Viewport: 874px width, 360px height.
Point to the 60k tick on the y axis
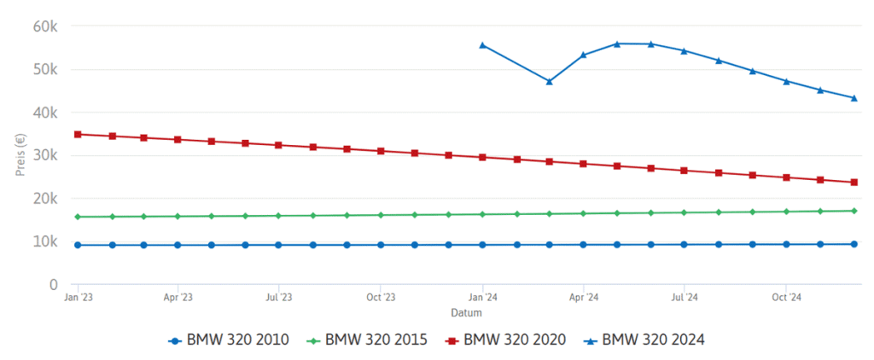tap(44, 26)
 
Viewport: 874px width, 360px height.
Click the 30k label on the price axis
tap(44, 155)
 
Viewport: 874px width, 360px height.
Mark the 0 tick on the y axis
tap(53, 284)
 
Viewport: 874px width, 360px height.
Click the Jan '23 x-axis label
tap(79, 298)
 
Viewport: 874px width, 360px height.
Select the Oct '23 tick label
tap(381, 298)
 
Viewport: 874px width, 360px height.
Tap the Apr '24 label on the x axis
tap(583, 298)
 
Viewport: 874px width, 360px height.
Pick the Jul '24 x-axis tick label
tap(684, 298)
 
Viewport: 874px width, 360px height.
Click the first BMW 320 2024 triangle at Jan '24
tap(482, 45)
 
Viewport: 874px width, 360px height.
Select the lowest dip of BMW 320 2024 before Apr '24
tap(550, 81)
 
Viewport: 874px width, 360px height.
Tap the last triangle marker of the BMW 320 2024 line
tap(854, 98)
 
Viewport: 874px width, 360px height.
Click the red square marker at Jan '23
tap(78, 134)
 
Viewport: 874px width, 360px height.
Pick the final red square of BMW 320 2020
tap(854, 182)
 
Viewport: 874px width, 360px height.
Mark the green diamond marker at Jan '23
tap(78, 217)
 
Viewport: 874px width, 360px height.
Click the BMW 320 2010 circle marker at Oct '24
tap(786, 244)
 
